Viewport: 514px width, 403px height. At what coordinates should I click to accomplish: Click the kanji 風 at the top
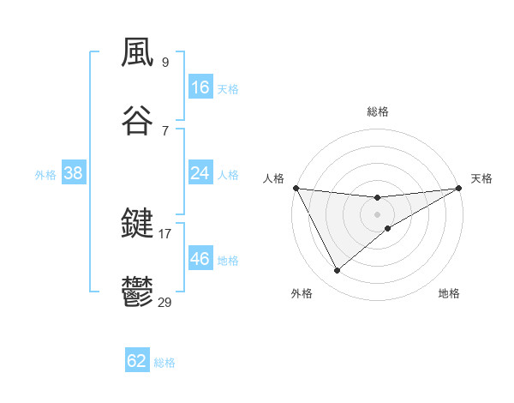tap(138, 53)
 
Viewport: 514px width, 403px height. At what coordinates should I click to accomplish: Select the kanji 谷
tap(138, 122)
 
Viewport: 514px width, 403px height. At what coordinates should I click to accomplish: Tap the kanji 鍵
tap(138, 225)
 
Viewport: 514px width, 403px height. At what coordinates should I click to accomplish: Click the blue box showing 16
tap(200, 87)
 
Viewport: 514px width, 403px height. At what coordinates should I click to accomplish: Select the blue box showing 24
tap(200, 173)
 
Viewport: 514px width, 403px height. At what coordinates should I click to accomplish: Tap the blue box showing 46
tap(200, 259)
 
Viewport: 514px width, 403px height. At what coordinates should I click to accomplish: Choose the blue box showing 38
tap(74, 173)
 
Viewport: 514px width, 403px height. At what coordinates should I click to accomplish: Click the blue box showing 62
tap(137, 361)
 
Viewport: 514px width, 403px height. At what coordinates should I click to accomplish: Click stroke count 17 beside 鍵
tap(165, 233)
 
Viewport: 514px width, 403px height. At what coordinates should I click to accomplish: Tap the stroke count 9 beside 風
tap(165, 62)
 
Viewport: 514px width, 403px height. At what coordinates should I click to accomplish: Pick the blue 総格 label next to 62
tap(164, 363)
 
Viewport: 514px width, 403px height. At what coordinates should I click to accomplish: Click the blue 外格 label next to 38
tap(45, 175)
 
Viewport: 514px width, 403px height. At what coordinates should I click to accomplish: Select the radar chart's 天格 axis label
tap(481, 178)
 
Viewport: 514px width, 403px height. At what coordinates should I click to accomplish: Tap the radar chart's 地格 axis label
tap(449, 293)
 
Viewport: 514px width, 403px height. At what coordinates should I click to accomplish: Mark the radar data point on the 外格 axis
tap(338, 271)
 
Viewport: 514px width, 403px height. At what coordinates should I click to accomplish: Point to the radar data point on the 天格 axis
tap(460, 188)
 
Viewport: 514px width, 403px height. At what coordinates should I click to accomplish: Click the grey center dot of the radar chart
tap(378, 214)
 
